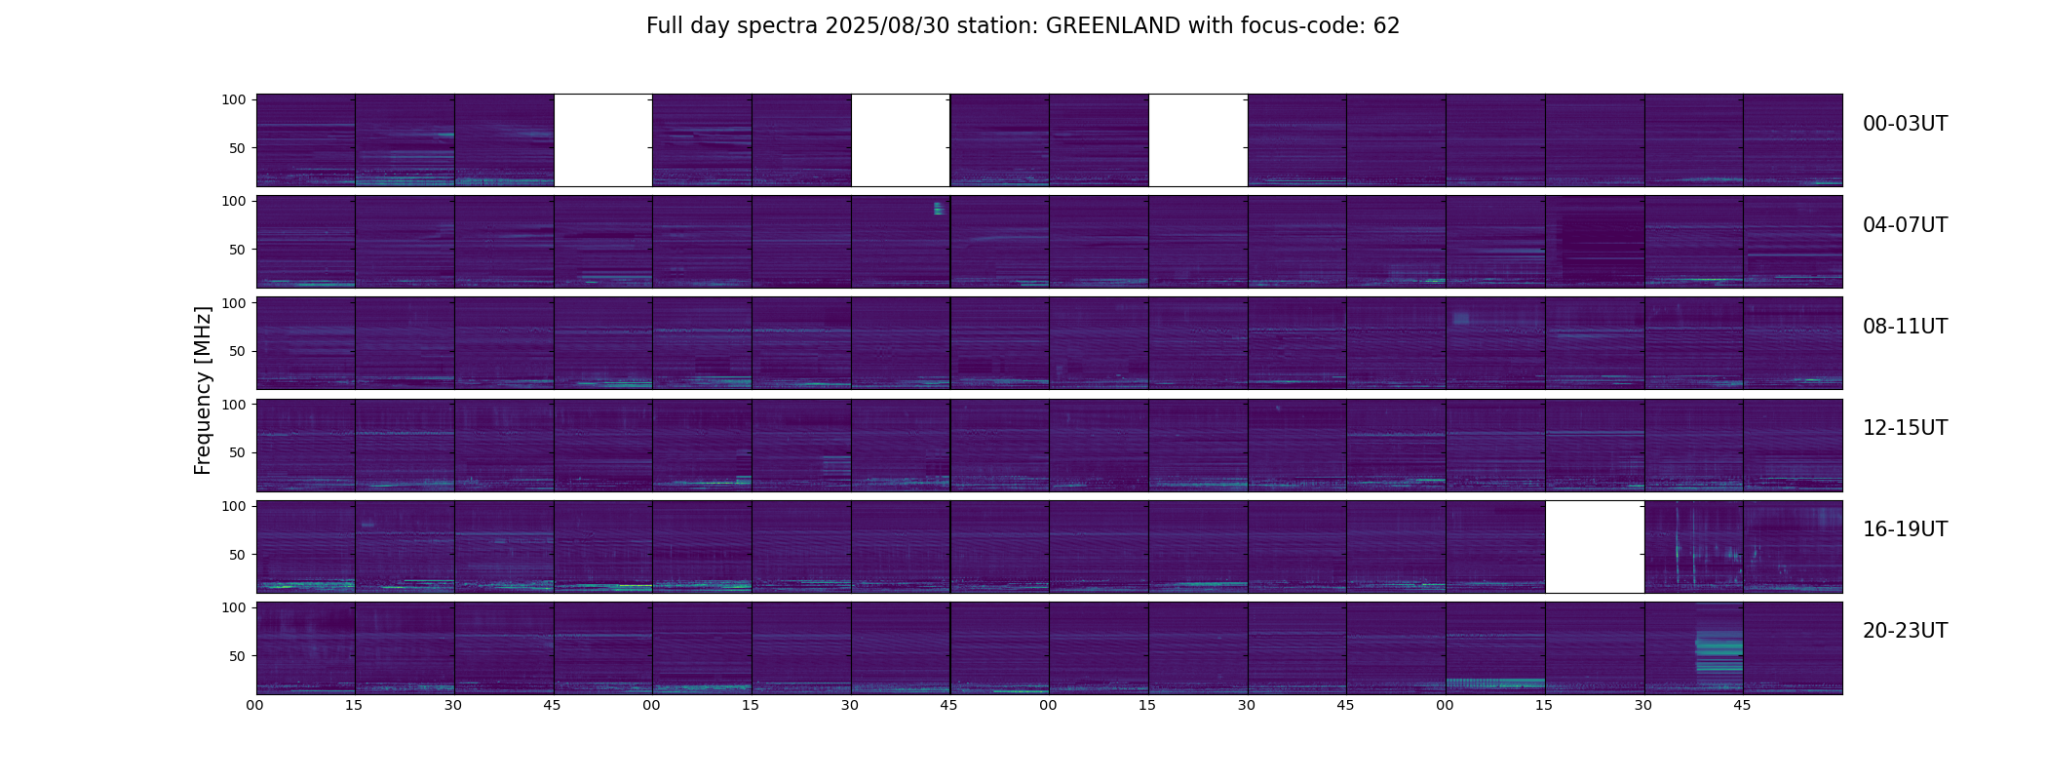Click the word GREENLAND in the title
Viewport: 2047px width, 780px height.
click(1113, 26)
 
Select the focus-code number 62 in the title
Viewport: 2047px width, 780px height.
click(1386, 26)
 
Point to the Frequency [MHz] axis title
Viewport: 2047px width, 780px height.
click(203, 390)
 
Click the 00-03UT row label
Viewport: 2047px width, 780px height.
click(1905, 124)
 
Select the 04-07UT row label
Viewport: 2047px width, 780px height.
click(1905, 225)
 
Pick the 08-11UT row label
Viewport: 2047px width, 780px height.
click(1905, 327)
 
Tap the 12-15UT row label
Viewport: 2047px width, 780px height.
click(1905, 428)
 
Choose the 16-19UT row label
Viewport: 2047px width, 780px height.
click(1905, 529)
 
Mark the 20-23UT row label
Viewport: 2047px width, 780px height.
click(1905, 631)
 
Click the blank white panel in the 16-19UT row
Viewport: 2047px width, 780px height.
click(1595, 546)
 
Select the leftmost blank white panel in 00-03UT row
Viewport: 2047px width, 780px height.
click(603, 139)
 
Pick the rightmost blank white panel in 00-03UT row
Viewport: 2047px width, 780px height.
click(1198, 139)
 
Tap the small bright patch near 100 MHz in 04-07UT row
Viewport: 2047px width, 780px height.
click(939, 208)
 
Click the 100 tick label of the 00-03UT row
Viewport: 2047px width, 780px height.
click(234, 99)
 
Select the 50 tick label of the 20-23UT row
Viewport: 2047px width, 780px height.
click(238, 656)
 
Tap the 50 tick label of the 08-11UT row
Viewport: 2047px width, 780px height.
click(238, 351)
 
